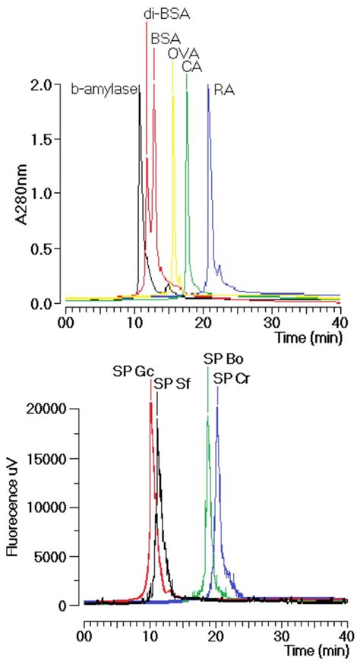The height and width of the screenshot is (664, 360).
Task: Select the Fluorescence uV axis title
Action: (x=12, y=508)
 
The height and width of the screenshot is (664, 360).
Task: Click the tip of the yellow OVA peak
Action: (x=172, y=61)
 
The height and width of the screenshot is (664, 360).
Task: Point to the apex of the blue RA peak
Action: (x=208, y=84)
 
